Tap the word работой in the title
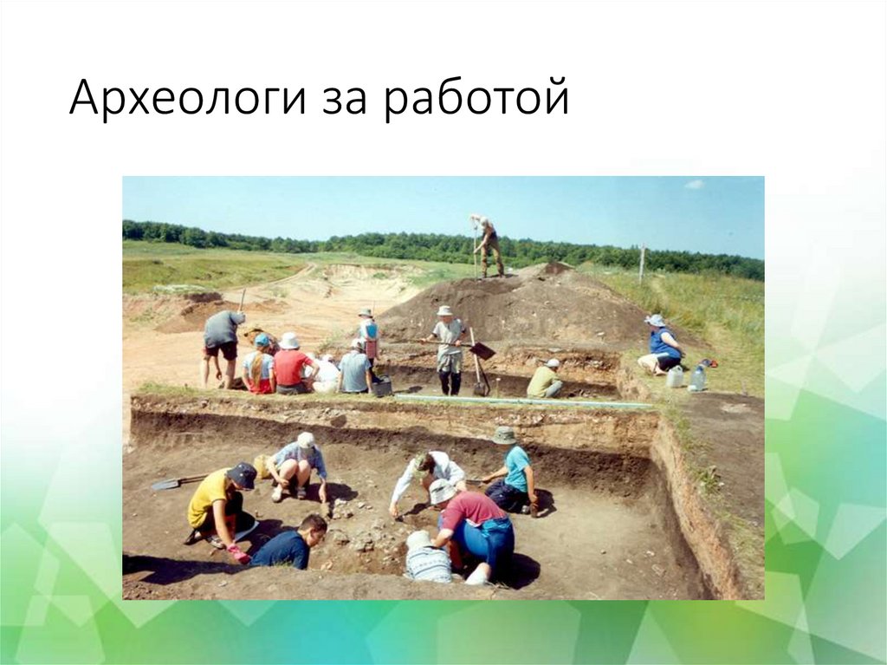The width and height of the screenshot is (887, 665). tap(477, 96)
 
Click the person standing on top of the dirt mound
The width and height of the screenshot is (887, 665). tap(488, 246)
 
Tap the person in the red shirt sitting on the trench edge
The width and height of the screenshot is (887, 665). tap(291, 364)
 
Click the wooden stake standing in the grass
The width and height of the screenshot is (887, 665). tap(642, 264)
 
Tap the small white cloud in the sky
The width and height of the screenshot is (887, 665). tap(694, 184)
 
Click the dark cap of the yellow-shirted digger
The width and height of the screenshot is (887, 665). tap(243, 475)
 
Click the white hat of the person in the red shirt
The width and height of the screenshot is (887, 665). tap(288, 341)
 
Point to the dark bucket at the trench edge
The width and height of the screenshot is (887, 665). tap(382, 386)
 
